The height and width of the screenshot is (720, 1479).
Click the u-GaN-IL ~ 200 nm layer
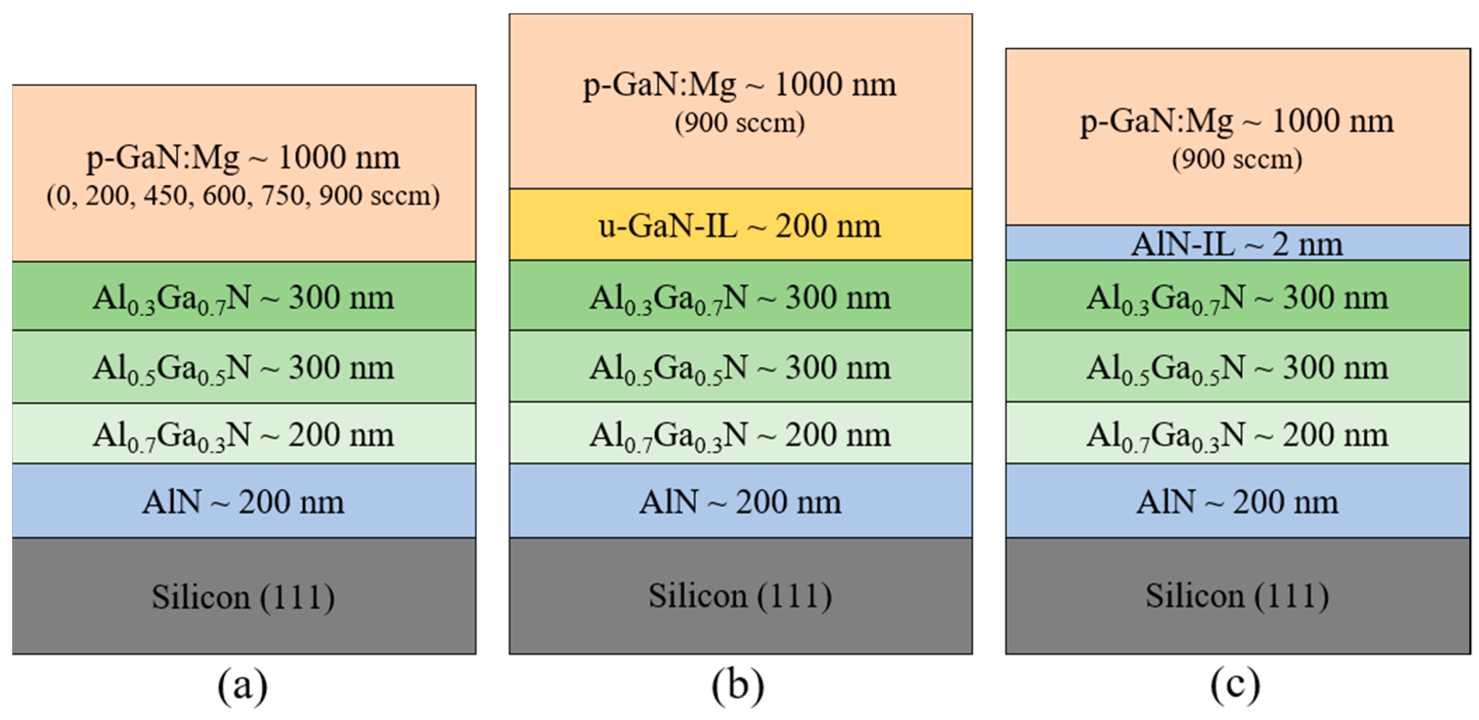740,226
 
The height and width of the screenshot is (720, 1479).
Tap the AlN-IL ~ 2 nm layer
1238,244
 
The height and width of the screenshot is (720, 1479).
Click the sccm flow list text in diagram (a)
244,196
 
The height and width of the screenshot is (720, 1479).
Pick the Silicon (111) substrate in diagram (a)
244,597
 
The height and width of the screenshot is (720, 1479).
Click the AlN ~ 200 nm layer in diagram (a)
244,502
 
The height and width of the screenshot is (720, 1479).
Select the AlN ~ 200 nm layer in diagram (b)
740,502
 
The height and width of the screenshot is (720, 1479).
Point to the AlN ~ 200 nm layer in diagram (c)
1238,502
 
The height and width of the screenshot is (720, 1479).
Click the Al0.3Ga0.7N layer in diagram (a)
244,297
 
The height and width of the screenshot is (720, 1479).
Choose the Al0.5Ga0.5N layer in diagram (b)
740,367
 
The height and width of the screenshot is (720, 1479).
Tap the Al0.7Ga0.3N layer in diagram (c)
1238,434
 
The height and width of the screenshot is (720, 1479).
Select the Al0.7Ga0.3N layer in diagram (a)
244,434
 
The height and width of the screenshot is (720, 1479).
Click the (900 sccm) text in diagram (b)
740,123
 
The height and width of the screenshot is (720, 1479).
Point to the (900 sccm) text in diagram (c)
1238,159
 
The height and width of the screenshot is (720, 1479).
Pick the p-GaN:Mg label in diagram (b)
740,85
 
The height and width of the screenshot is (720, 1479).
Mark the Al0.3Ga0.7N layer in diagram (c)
1238,297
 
